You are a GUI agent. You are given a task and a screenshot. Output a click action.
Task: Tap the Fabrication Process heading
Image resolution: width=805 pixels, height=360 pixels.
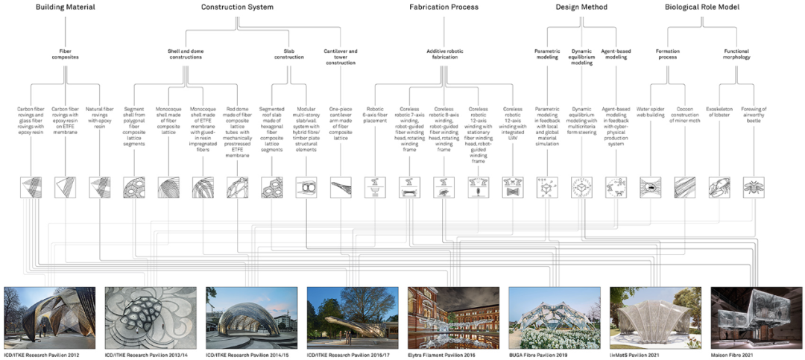tap(444, 7)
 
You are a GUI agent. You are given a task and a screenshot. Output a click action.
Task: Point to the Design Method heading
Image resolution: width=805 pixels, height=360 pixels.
tap(581, 7)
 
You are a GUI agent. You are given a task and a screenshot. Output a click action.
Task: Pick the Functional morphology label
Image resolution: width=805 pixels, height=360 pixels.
tap(736, 54)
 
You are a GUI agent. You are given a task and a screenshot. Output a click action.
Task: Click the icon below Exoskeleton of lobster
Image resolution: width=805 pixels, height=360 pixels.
tap(719, 187)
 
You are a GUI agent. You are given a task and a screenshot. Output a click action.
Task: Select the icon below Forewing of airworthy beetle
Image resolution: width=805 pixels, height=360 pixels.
tap(754, 187)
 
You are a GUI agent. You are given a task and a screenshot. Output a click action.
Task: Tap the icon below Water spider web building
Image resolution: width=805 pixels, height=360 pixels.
tap(650, 187)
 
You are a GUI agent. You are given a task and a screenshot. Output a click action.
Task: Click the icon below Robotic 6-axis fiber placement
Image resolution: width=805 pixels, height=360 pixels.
tap(375, 187)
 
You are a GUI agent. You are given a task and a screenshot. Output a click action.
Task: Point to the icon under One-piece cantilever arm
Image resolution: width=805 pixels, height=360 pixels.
tap(341, 187)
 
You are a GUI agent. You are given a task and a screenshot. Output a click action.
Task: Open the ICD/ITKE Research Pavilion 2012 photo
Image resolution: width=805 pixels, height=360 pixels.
tap(49, 318)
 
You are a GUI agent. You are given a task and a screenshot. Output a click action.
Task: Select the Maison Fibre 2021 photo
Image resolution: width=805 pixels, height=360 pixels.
tap(756, 318)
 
